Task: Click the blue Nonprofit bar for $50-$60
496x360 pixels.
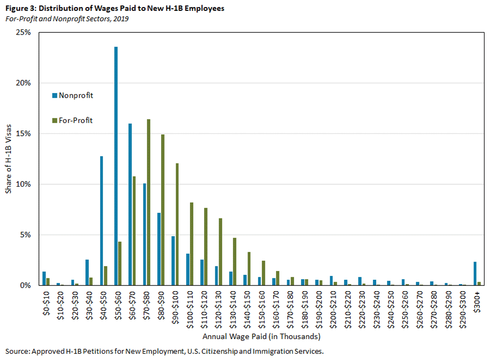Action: click(x=116, y=166)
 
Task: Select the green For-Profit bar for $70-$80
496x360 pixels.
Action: click(x=149, y=202)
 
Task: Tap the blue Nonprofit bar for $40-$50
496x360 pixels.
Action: click(x=102, y=221)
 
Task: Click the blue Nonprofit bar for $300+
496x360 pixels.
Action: click(x=475, y=274)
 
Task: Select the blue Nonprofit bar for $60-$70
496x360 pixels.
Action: click(x=130, y=204)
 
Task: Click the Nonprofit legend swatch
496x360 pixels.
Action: click(x=54, y=95)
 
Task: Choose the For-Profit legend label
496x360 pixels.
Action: click(x=76, y=121)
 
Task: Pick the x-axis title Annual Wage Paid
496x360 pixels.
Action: click(x=261, y=337)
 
